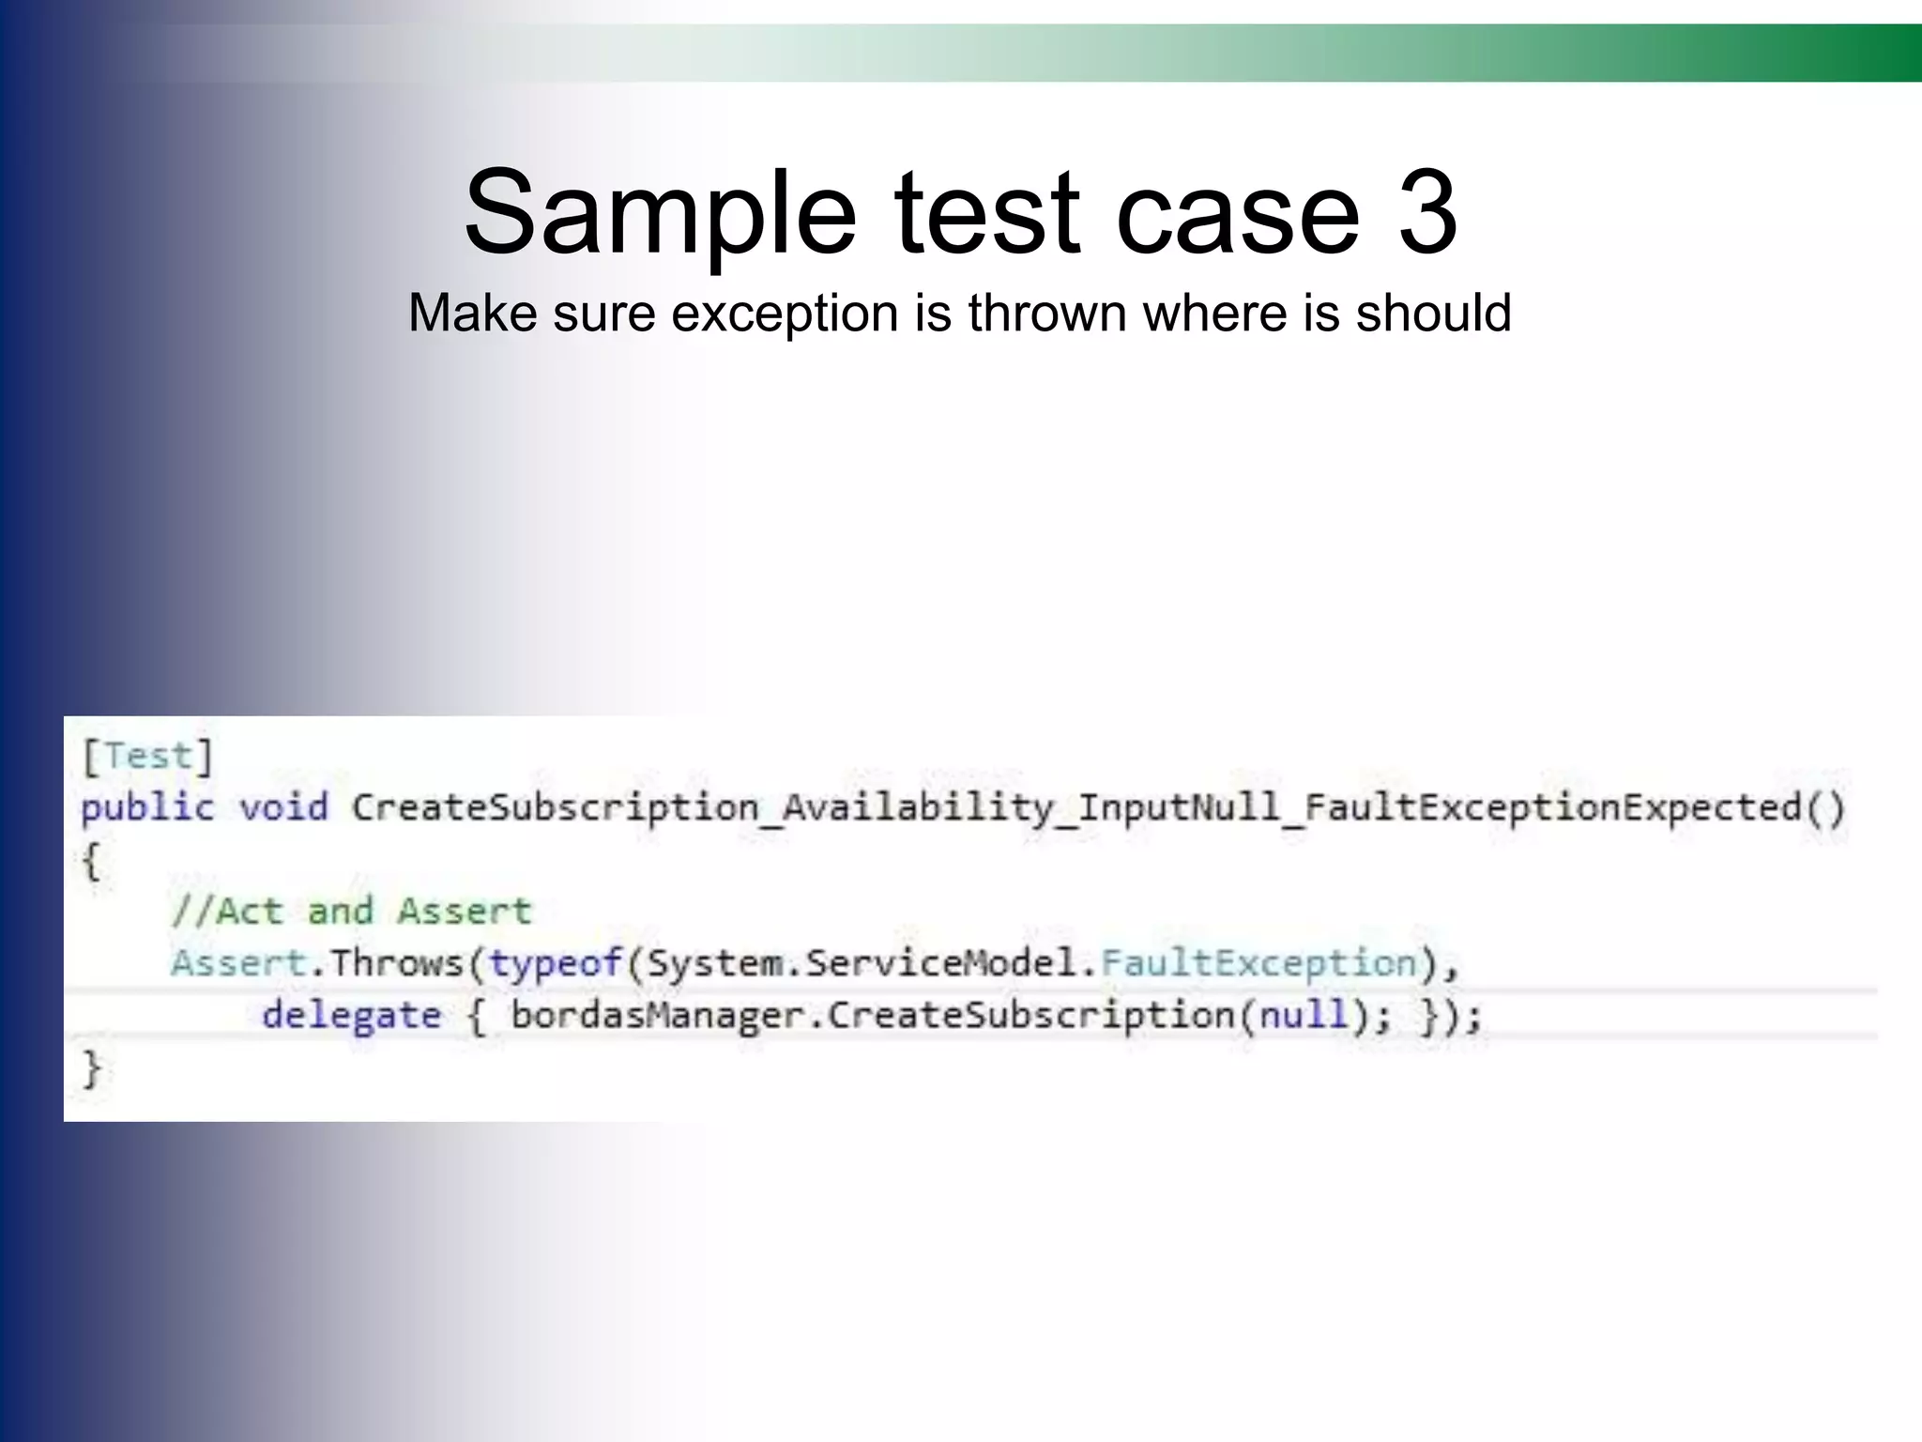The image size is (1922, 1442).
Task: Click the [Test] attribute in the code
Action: tap(148, 756)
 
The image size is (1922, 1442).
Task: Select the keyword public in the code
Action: tap(147, 808)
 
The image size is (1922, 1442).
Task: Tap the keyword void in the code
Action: tap(282, 806)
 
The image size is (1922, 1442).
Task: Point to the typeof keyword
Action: tap(556, 963)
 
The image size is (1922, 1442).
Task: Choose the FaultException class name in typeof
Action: tap(1258, 963)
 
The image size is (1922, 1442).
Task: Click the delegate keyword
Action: tap(351, 1016)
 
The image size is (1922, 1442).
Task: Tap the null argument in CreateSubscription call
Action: tap(1303, 1015)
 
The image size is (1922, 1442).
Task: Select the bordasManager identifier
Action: tap(657, 1016)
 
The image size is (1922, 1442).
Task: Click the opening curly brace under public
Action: tap(91, 860)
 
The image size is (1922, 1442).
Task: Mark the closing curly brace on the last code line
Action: tap(91, 1068)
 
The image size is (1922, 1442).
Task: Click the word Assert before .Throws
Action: tap(238, 963)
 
